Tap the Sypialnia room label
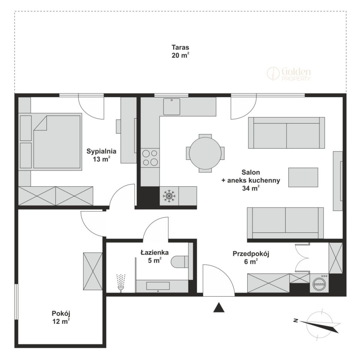(x=101, y=151)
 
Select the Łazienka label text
(x=155, y=252)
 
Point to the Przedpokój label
(x=251, y=254)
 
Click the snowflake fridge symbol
(x=169, y=196)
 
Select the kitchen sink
(x=171, y=106)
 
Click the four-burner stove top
(x=150, y=157)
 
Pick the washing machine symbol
(x=319, y=283)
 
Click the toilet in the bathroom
(x=180, y=261)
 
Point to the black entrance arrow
(x=219, y=307)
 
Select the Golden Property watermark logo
(x=289, y=74)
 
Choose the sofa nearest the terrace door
(x=286, y=133)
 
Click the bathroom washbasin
(x=158, y=286)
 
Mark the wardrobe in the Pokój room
(x=93, y=271)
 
